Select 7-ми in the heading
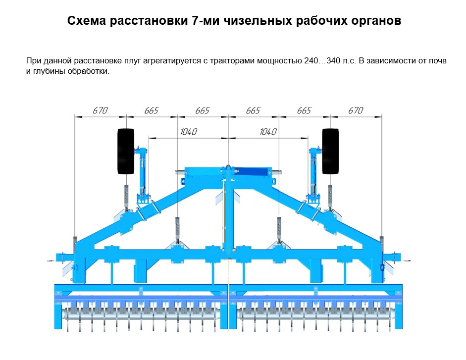[x=203, y=21]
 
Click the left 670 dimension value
[x=100, y=110]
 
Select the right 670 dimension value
[x=355, y=110]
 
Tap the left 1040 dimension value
[x=188, y=132]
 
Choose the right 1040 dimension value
[x=267, y=132]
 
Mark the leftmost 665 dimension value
[x=151, y=110]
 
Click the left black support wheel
[x=126, y=151]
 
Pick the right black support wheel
[x=330, y=151]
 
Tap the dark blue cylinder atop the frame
[x=252, y=171]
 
